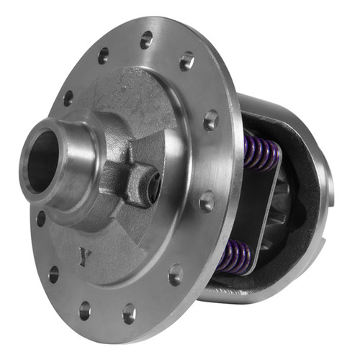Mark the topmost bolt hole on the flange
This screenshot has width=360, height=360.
147,40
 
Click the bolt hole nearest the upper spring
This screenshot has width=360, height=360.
211,120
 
